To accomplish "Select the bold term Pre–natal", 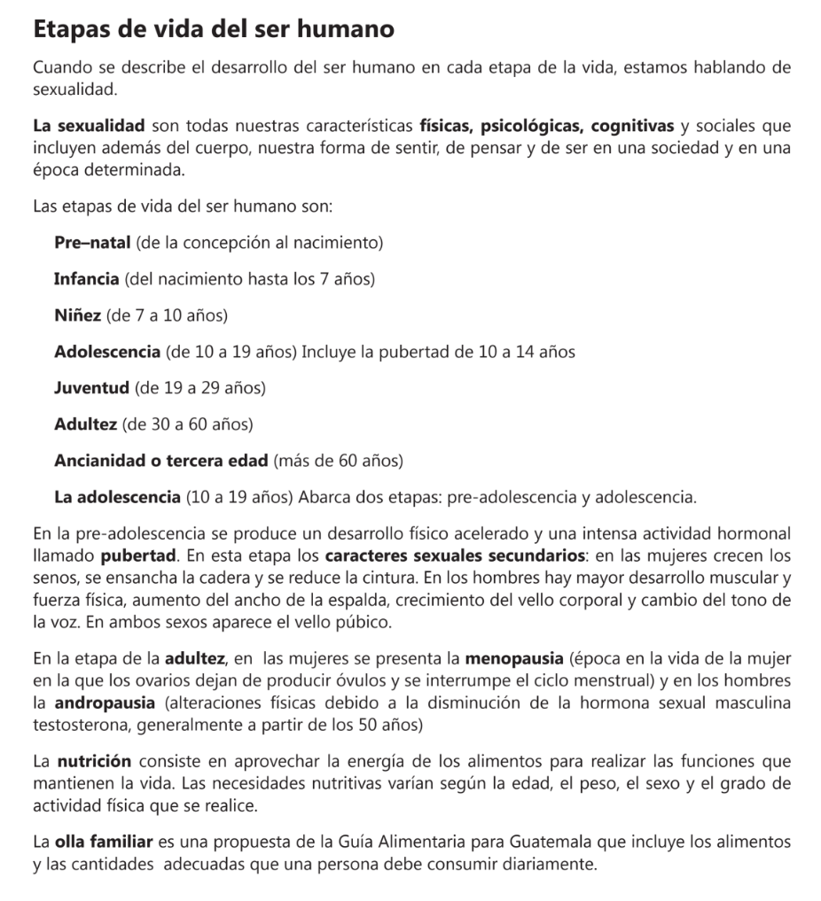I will pyautogui.click(x=92, y=242).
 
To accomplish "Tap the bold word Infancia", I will pyautogui.click(x=87, y=279).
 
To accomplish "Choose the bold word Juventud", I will pyautogui.click(x=92, y=388).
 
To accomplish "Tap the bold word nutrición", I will pyautogui.click(x=95, y=761).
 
